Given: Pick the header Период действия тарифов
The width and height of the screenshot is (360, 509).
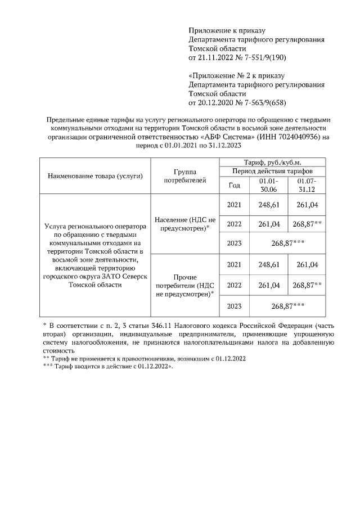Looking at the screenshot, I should point(270,171).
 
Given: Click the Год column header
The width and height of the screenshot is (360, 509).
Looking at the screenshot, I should point(234,185).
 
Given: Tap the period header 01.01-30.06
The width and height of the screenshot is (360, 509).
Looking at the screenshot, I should point(268,185).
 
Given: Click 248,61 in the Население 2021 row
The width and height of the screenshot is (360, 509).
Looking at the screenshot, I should point(268,204).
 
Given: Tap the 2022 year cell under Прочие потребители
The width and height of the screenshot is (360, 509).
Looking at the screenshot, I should point(234,285).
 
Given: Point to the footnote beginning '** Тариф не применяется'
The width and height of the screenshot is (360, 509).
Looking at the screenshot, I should point(144,358).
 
